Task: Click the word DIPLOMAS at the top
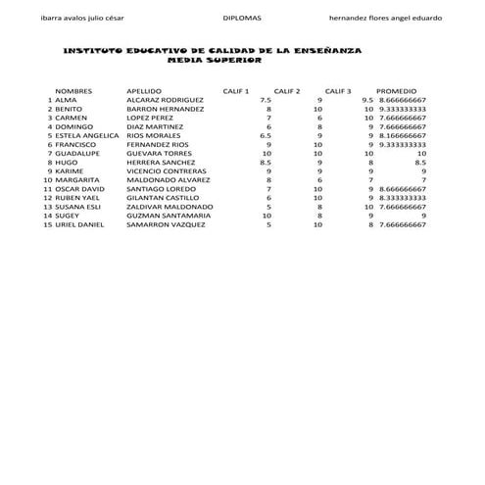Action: (242, 18)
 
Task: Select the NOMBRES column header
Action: (74, 90)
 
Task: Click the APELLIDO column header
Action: (145, 90)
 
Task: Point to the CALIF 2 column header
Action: (287, 90)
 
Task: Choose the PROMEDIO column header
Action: (397, 90)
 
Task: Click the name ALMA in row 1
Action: (65, 100)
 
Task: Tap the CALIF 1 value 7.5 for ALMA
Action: (266, 100)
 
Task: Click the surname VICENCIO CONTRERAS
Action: (167, 171)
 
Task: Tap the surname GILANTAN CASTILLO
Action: (163, 198)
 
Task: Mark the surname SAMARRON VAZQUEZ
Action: (166, 224)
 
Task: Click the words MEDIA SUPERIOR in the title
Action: (215, 61)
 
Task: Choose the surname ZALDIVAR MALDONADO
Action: (170, 207)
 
